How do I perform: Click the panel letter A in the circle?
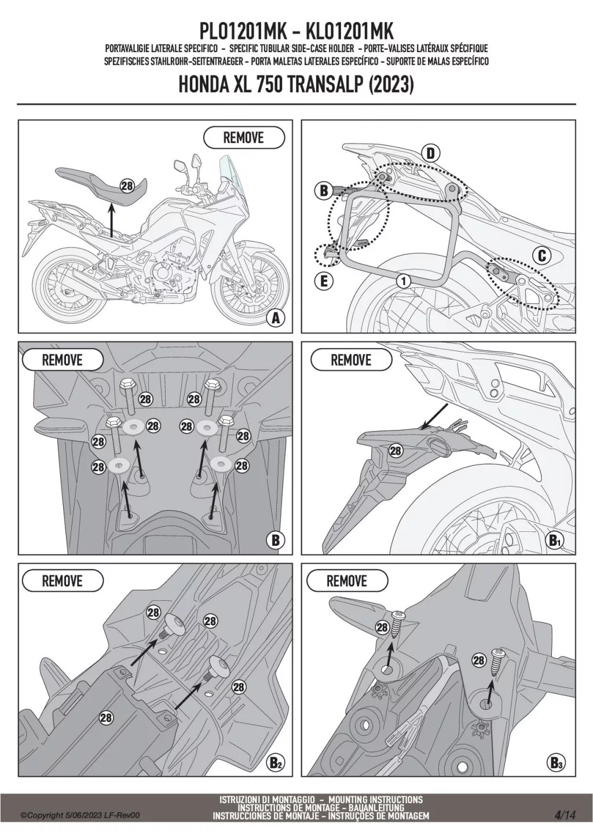pyautogui.click(x=276, y=318)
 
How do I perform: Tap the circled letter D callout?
pyautogui.click(x=430, y=154)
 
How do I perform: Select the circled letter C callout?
pyautogui.click(x=541, y=256)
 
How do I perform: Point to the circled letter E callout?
pyautogui.click(x=324, y=282)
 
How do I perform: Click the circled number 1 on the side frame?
pyautogui.click(x=404, y=281)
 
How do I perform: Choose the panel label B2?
pyautogui.click(x=276, y=763)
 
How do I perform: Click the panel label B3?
pyautogui.click(x=556, y=763)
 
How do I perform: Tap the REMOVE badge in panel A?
pyautogui.click(x=243, y=138)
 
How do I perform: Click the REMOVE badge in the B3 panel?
pyautogui.click(x=347, y=581)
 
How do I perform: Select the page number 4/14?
pyautogui.click(x=565, y=815)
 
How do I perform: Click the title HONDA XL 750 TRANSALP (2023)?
pyautogui.click(x=296, y=85)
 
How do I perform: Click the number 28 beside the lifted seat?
pyautogui.click(x=127, y=185)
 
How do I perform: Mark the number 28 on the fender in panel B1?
pyautogui.click(x=396, y=451)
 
